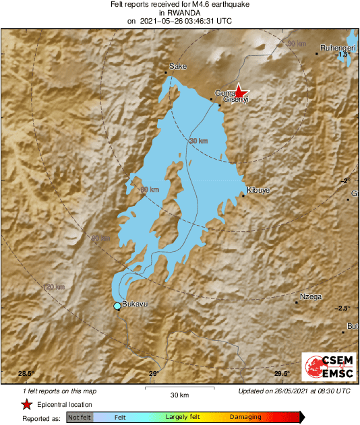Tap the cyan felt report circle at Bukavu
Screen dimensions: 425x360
tap(117, 306)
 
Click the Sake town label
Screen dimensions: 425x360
tap(178, 66)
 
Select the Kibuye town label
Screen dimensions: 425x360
tap(258, 191)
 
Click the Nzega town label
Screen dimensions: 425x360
tap(311, 296)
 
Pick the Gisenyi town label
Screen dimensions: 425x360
tap(237, 100)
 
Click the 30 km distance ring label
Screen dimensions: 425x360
tap(198, 141)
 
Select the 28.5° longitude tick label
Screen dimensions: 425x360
tap(26, 374)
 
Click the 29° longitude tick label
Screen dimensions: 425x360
tap(153, 374)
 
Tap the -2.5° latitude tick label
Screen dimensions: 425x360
tap(343, 308)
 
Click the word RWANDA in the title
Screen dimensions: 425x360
tap(180, 12)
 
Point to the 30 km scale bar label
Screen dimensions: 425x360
tap(179, 394)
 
